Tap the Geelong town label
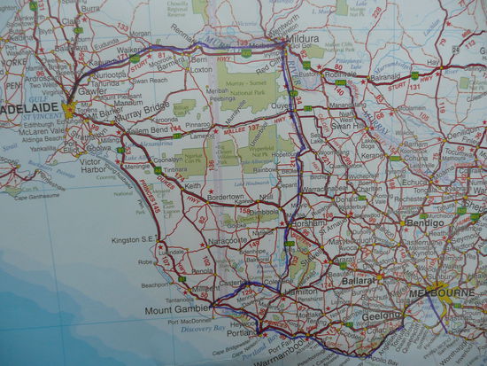pos(383,315)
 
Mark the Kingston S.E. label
pos(134,240)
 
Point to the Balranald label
pos(384,78)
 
